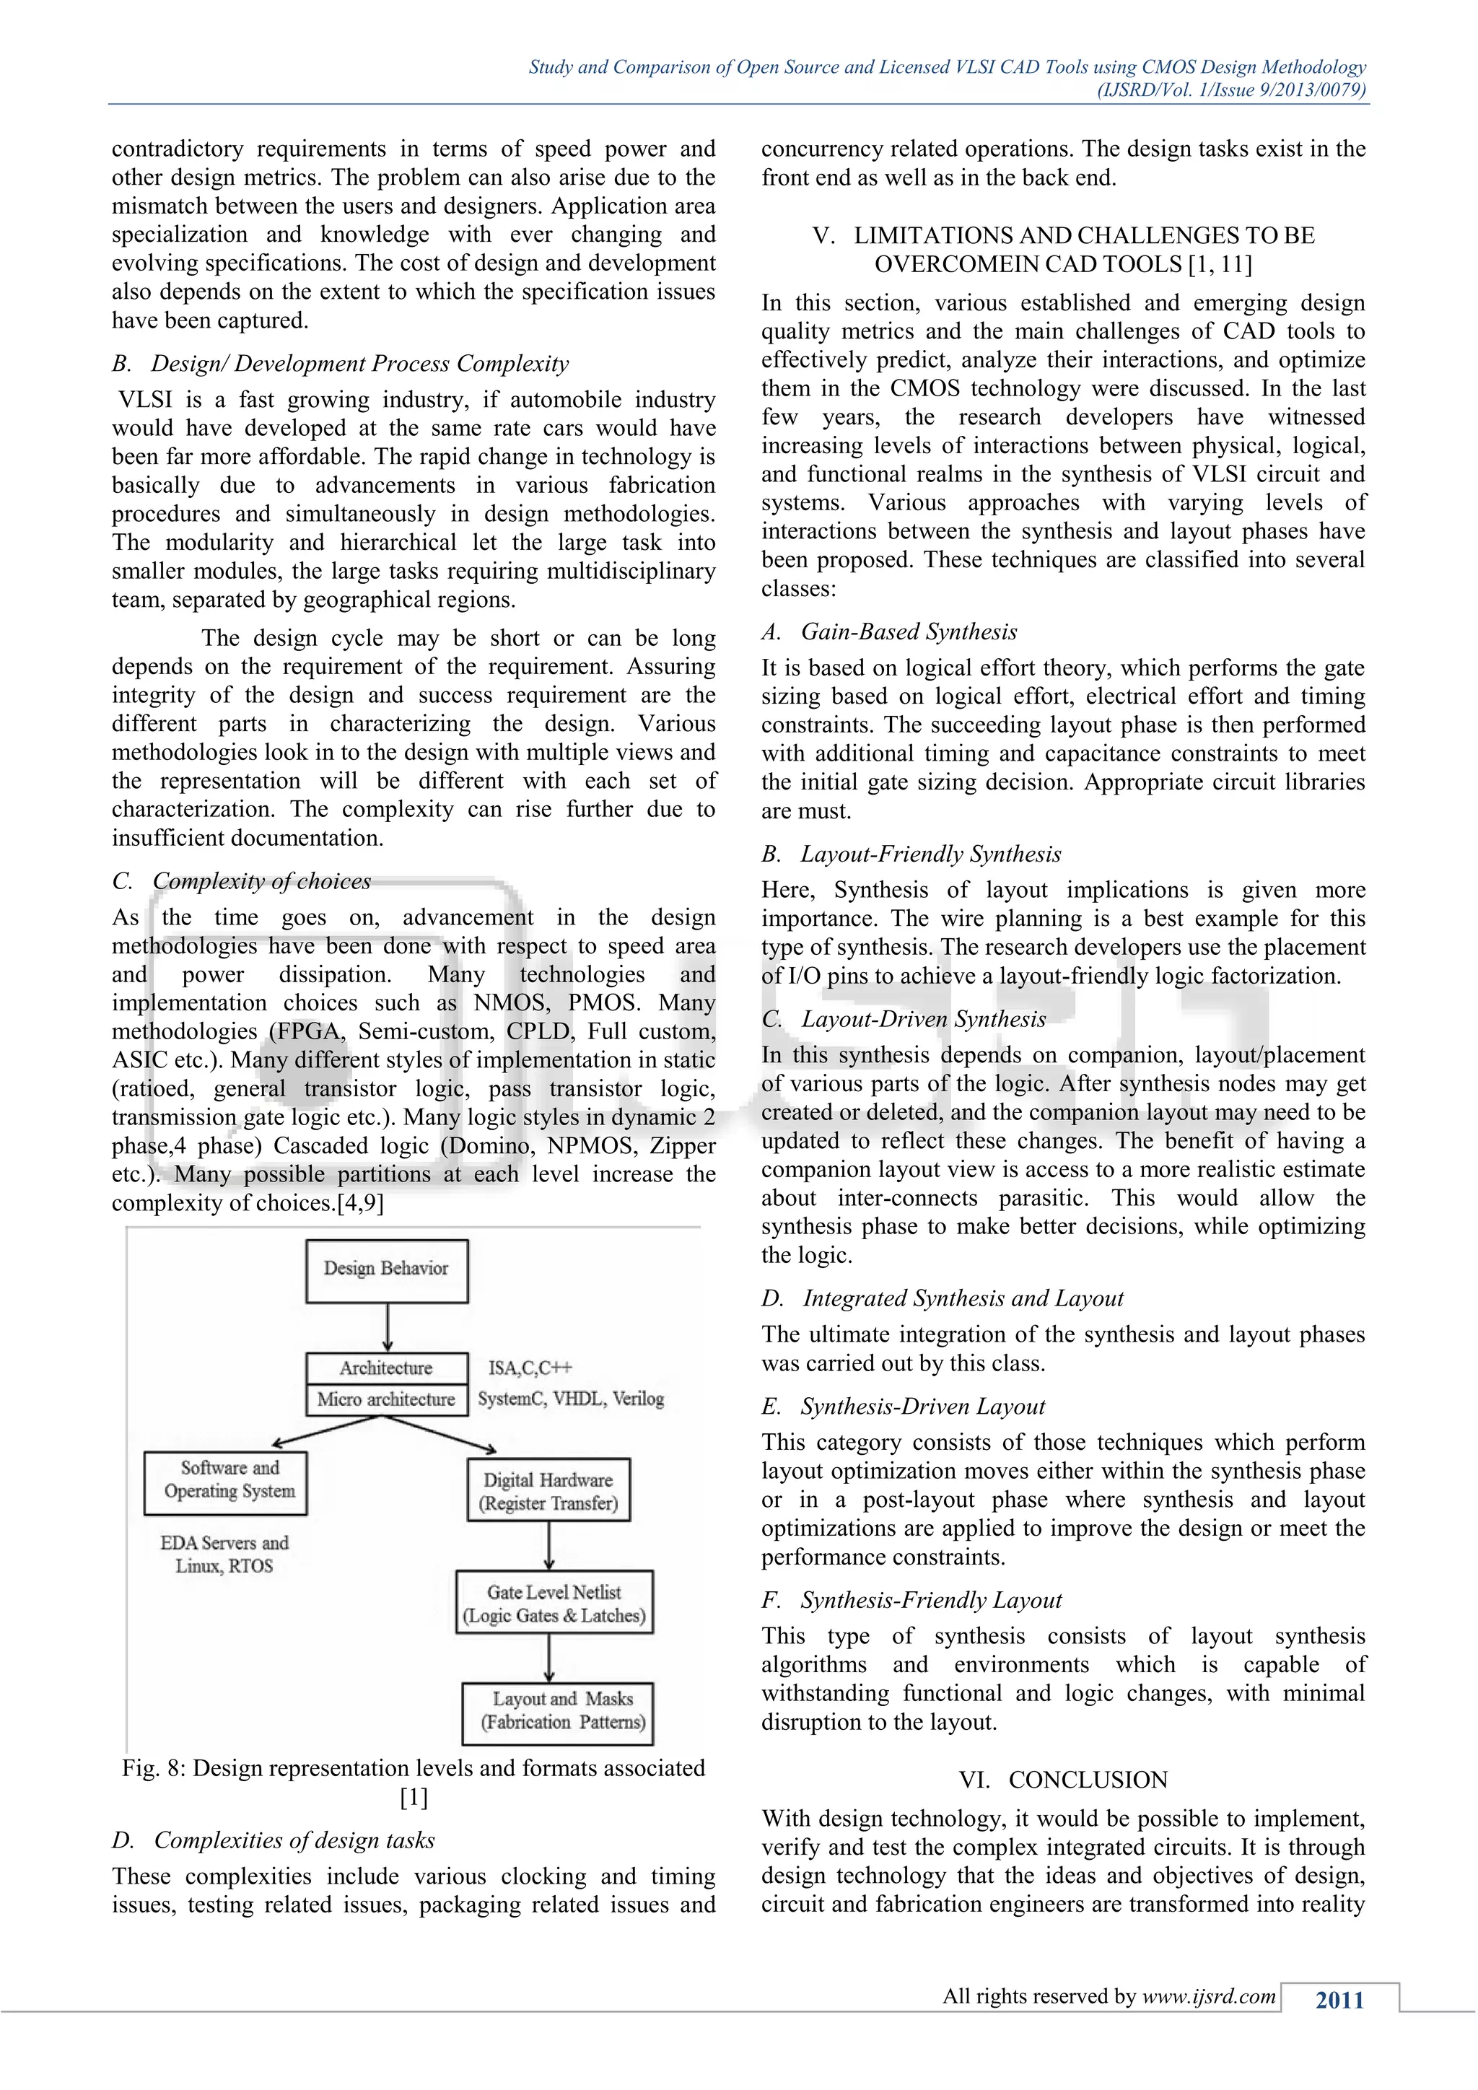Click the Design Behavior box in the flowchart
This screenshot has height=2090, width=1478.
click(387, 1270)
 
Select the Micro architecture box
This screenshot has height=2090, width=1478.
click(387, 1399)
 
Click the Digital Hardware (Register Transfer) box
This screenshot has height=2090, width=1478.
click(548, 1491)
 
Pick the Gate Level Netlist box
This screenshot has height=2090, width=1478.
click(554, 1603)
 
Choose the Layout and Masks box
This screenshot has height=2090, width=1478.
click(558, 1710)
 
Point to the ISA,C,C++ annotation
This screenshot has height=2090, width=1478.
click(530, 1368)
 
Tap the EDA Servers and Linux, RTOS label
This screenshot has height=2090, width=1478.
click(224, 1554)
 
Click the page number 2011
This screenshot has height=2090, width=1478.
click(1339, 2000)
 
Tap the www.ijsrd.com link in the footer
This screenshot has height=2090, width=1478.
click(1209, 1996)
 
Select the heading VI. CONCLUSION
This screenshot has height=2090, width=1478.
click(1063, 1780)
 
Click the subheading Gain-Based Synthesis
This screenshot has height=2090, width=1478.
click(909, 631)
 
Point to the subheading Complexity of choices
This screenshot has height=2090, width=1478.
click(261, 881)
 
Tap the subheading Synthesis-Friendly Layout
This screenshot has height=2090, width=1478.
click(930, 1600)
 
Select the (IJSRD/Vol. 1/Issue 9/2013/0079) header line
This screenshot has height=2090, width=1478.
click(1230, 89)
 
